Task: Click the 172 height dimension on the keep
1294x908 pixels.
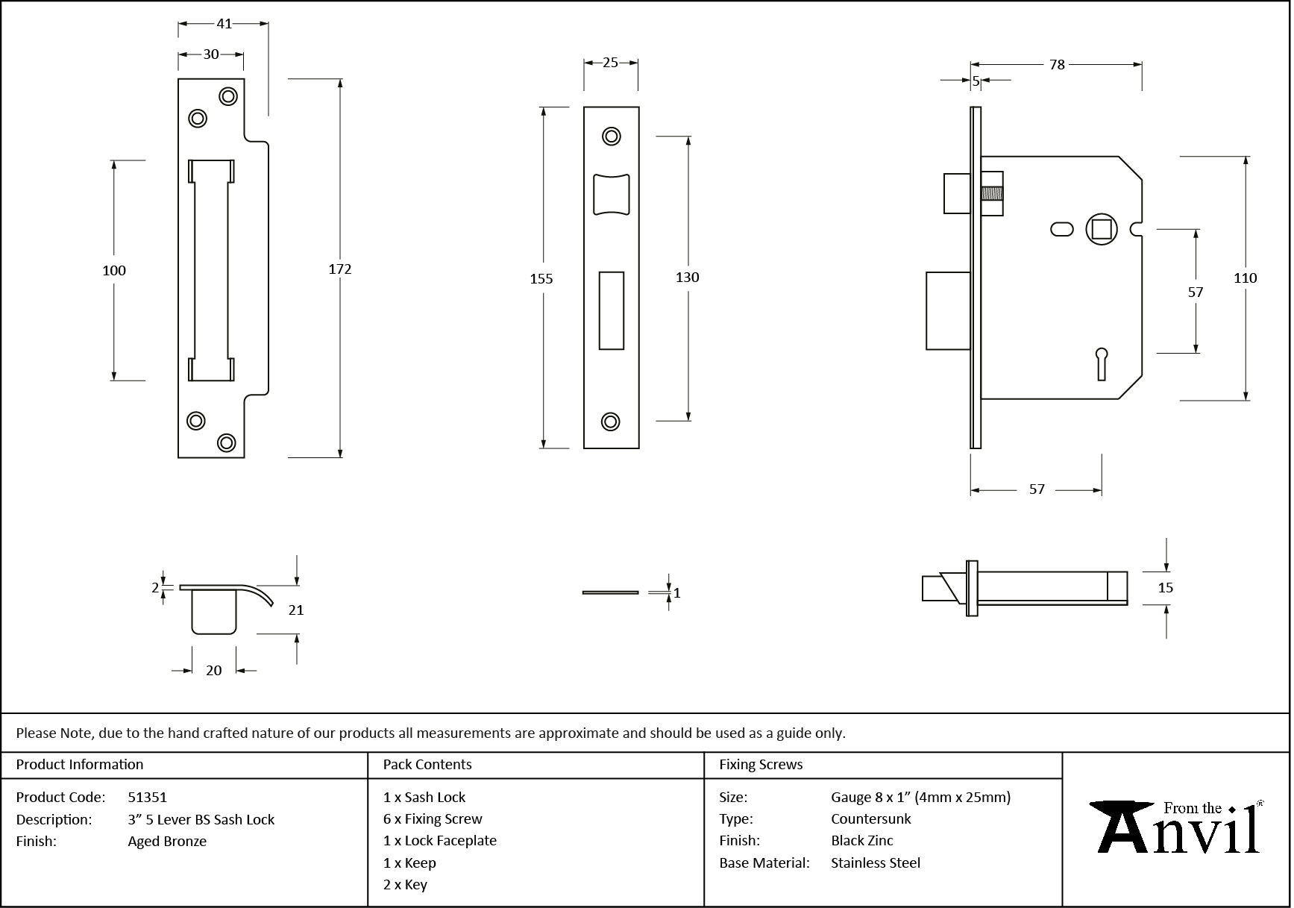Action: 340,269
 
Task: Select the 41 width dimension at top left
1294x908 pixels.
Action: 224,24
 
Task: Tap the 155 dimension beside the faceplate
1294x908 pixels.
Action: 541,278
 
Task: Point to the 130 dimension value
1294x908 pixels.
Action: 687,278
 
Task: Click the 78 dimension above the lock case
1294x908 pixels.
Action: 1057,65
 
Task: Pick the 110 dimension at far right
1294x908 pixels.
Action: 1245,278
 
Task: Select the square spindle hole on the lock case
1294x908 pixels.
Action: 1102,228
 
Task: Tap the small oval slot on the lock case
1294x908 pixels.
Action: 1061,229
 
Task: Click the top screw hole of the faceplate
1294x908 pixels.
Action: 612,137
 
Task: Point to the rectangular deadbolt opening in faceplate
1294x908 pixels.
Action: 612,310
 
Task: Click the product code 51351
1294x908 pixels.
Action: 148,797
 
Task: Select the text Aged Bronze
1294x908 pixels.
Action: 167,841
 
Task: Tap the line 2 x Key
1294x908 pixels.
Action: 405,884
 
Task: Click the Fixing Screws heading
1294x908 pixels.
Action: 761,764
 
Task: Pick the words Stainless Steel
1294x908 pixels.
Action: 876,862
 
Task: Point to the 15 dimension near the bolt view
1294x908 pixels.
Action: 1165,588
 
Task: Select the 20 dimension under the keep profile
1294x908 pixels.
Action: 214,670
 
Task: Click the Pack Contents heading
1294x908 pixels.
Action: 427,764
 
